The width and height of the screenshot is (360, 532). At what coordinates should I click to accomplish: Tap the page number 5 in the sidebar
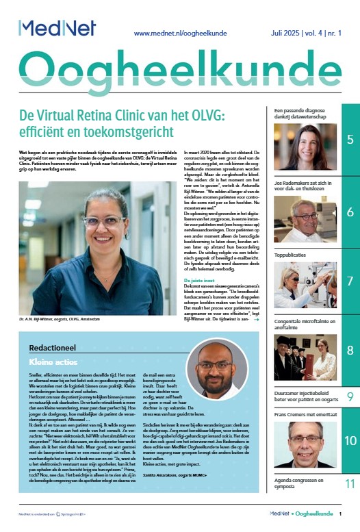[x=350, y=140]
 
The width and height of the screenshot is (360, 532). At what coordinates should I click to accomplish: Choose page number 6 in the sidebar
[x=350, y=211]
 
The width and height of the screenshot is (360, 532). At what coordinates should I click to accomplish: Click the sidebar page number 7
[x=350, y=281]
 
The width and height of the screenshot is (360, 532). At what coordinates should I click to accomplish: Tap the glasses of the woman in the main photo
[x=105, y=223]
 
